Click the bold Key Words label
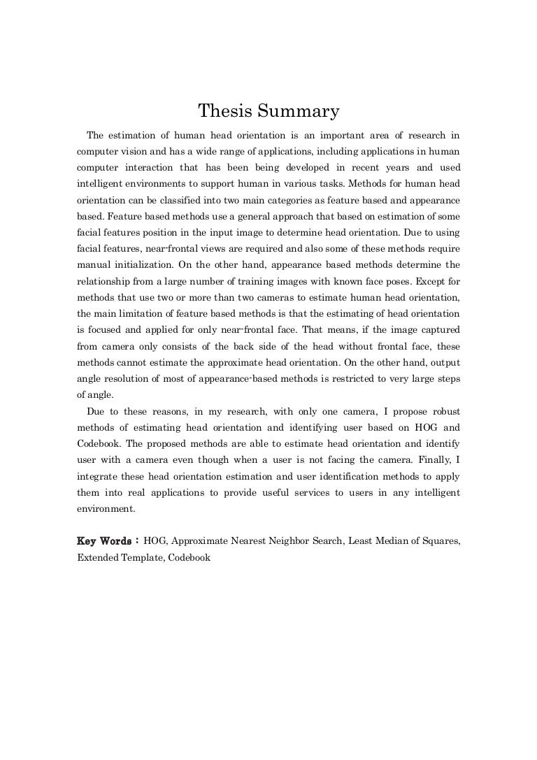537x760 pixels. pyautogui.click(x=103, y=543)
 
